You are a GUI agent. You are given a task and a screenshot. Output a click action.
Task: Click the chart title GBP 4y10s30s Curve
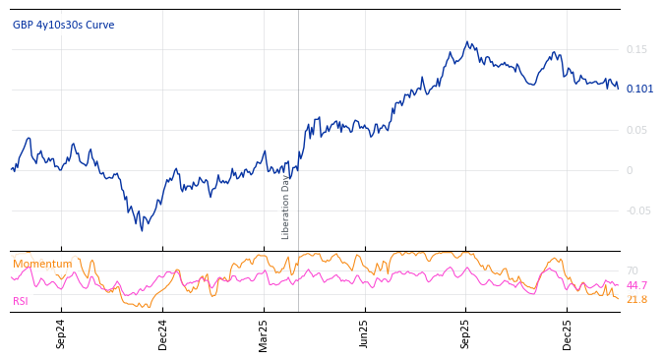point(63,26)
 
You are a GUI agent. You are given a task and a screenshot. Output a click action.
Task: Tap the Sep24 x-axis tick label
point(61,334)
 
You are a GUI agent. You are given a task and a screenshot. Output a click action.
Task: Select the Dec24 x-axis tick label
point(163,334)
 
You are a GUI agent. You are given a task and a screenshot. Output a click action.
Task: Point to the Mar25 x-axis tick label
point(264,334)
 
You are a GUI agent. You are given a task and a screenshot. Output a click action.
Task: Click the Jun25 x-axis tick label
point(364,334)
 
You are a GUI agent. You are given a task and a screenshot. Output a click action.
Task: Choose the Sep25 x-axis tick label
point(466,334)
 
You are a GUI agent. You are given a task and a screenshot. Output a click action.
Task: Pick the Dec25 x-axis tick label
point(568,334)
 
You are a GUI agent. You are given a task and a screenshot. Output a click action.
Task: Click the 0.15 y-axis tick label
point(636,49)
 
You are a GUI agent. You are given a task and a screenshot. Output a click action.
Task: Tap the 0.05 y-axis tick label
point(636,130)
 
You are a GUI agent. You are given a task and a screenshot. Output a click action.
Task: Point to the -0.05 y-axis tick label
point(638,210)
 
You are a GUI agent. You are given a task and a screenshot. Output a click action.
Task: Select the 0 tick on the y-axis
point(630,170)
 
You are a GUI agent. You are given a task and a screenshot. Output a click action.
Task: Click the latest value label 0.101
point(639,90)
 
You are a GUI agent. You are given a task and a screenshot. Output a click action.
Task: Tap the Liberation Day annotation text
point(286,207)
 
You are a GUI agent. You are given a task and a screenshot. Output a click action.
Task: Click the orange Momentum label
point(42,265)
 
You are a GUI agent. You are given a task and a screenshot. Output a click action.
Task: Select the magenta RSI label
point(21,301)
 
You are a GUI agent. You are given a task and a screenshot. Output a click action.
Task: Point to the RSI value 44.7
point(636,285)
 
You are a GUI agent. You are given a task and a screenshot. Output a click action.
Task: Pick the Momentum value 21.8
point(636,299)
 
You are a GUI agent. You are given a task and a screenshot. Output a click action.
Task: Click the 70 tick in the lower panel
point(632,270)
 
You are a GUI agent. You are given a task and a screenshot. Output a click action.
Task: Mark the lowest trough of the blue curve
point(142,230)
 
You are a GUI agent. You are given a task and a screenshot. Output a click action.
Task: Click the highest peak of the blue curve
point(468,42)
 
